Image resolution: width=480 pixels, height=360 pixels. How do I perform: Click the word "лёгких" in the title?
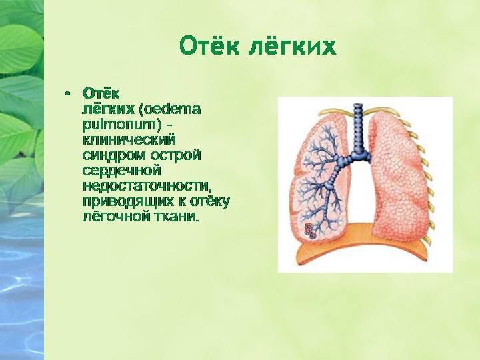tap(292, 46)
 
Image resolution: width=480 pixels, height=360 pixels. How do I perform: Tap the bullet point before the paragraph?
tap(67, 93)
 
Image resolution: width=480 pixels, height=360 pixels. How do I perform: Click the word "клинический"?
tap(129, 140)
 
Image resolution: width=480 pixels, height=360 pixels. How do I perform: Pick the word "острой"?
tap(175, 155)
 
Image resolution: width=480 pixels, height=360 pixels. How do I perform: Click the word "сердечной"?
tap(121, 171)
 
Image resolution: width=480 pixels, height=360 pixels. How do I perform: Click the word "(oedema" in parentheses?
tap(170, 109)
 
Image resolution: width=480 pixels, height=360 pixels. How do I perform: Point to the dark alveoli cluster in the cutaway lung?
tap(310, 231)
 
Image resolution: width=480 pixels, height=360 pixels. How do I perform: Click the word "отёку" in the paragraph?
tap(210, 201)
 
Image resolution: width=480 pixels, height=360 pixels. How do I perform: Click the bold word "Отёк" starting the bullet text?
tap(101, 94)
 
